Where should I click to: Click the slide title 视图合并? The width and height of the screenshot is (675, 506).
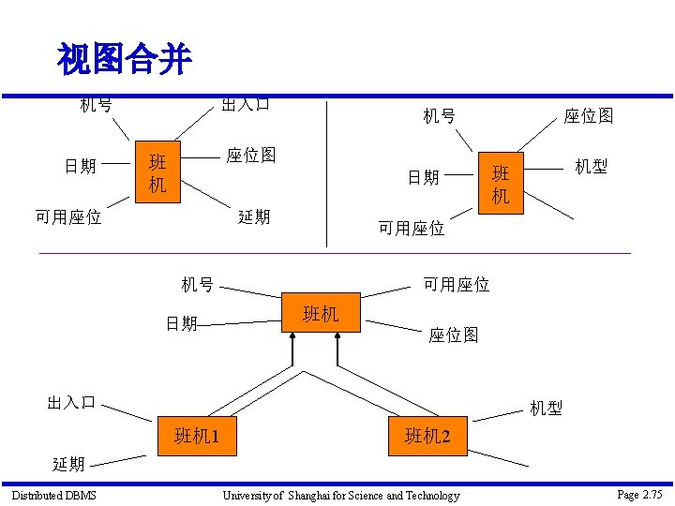[x=125, y=60]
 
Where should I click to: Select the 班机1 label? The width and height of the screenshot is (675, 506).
[x=197, y=436]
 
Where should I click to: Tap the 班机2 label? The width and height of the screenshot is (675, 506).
[x=427, y=437]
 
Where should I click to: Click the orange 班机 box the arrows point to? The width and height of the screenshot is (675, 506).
[x=322, y=314]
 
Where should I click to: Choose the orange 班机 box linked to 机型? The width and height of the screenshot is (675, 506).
[x=501, y=184]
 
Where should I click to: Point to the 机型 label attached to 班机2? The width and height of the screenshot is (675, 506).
[x=546, y=408]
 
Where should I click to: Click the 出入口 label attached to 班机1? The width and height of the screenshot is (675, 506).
[x=71, y=403]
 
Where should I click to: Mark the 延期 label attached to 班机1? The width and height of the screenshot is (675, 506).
[x=68, y=463]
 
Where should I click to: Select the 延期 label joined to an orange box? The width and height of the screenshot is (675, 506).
[x=254, y=216]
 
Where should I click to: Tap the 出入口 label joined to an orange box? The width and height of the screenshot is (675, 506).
[x=246, y=104]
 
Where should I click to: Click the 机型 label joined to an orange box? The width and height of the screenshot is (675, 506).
[x=591, y=166]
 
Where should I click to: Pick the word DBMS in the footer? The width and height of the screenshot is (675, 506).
[x=81, y=495]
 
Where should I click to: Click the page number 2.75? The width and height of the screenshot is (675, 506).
[x=651, y=494]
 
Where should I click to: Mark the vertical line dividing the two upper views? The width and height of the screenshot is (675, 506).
[x=326, y=169]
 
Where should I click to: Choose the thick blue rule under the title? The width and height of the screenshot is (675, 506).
[x=337, y=96]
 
